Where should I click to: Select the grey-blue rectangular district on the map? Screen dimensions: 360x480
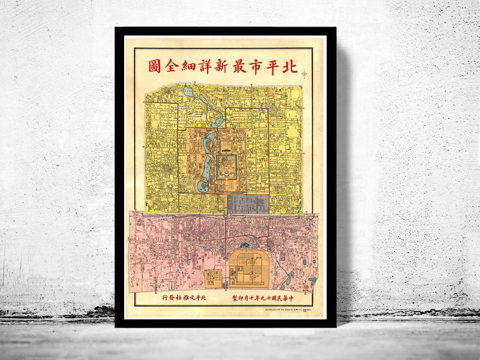pyautogui.click(x=247, y=204)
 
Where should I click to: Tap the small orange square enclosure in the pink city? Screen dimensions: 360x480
pyautogui.click(x=212, y=277)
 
